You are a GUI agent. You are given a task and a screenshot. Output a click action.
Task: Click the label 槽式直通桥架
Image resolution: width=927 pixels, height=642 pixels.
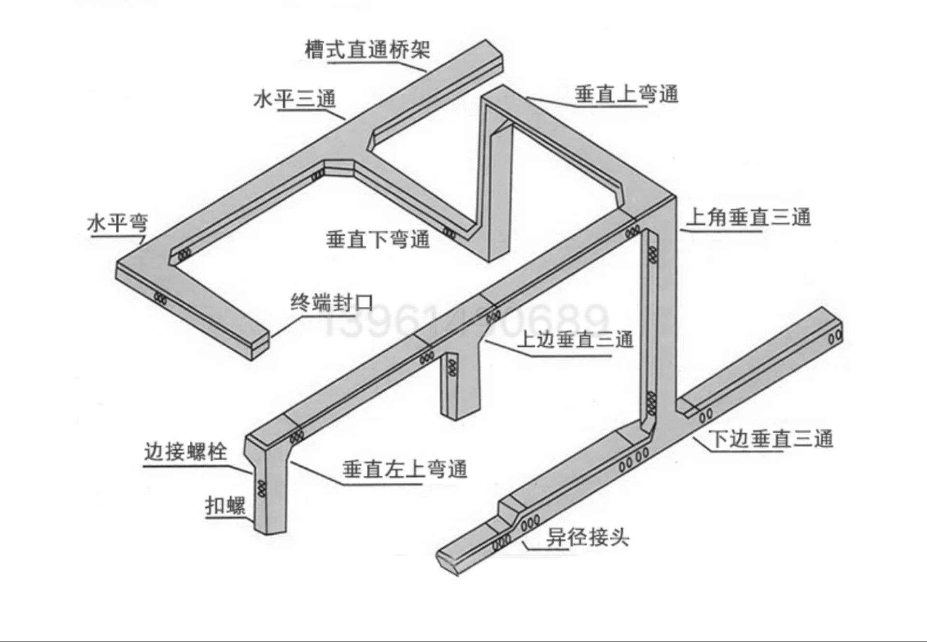click(367, 50)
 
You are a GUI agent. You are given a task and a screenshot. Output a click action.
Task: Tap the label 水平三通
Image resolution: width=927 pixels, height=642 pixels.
click(294, 99)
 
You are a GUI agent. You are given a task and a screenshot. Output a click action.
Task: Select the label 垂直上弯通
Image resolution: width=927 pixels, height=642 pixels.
click(626, 94)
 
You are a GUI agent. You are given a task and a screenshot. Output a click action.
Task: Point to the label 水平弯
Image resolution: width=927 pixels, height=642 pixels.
click(117, 224)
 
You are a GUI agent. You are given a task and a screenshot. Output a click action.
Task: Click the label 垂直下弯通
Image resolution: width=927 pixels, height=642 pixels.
click(378, 239)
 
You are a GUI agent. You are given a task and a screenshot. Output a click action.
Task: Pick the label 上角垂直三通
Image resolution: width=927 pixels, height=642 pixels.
click(748, 217)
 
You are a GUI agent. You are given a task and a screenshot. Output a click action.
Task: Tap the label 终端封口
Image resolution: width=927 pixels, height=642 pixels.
click(332, 303)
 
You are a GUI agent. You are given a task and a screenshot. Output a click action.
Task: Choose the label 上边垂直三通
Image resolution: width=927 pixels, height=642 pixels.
click(575, 340)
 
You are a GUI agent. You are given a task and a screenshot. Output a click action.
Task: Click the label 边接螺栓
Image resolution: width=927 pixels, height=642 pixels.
click(185, 452)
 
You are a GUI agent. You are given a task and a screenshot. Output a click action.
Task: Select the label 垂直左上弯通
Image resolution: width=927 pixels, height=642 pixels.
click(405, 469)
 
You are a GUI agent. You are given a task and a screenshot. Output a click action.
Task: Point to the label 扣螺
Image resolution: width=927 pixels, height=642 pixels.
click(225, 506)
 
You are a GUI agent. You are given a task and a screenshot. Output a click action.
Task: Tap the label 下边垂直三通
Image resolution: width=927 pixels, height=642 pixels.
click(771, 439)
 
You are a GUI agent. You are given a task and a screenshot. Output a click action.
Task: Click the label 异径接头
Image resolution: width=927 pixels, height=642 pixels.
click(588, 537)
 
